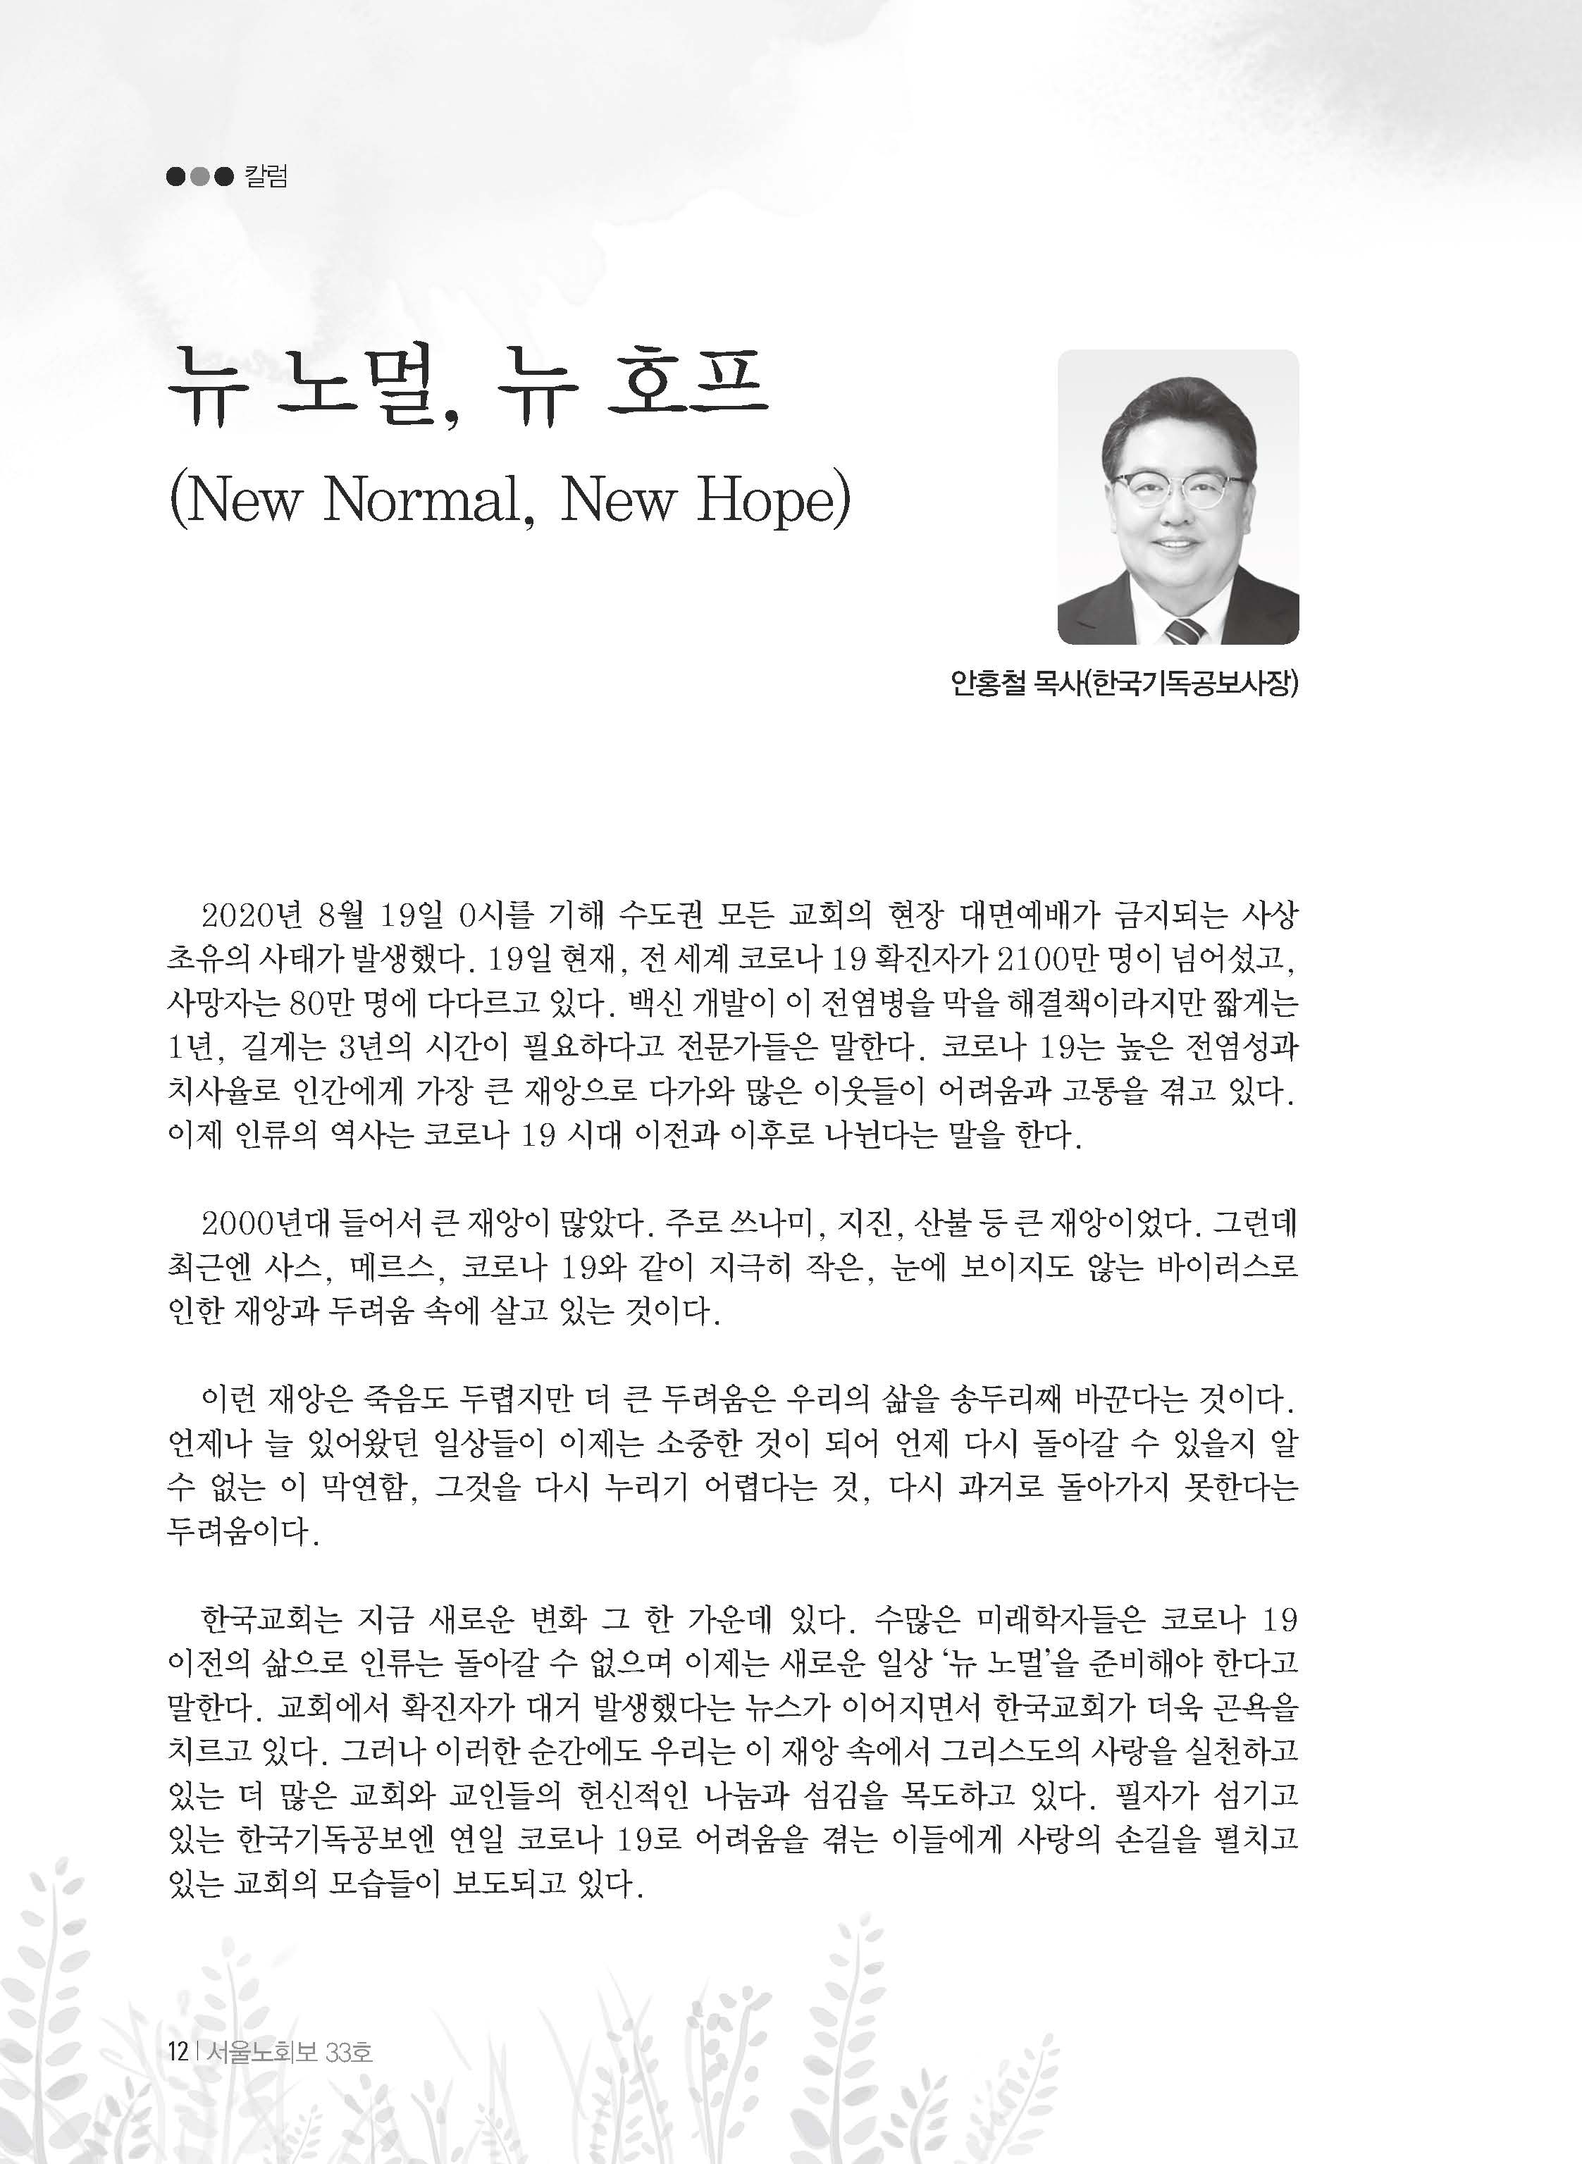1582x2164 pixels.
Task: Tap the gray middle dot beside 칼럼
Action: pyautogui.click(x=199, y=177)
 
